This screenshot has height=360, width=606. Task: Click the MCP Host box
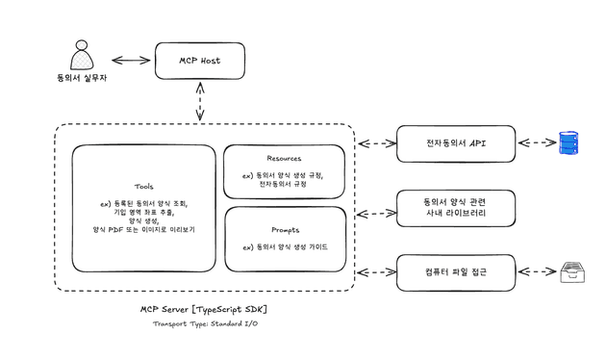(199, 61)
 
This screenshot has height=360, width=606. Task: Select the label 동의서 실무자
(82, 77)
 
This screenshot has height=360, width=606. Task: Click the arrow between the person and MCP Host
(132, 61)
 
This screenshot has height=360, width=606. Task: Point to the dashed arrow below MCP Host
(199, 101)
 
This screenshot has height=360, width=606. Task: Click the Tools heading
(143, 186)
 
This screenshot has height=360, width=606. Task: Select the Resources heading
(284, 158)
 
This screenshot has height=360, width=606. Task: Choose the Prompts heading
(284, 230)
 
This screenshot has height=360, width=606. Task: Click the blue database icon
(571, 143)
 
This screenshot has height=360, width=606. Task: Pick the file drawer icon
(573, 272)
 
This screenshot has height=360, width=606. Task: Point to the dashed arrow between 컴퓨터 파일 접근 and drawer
(537, 272)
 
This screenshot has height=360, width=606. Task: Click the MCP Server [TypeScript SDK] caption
(204, 309)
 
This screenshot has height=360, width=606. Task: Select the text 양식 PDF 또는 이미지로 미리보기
(143, 230)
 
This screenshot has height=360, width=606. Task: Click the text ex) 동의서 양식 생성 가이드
(286, 246)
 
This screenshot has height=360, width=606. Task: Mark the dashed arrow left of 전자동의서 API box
(376, 143)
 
